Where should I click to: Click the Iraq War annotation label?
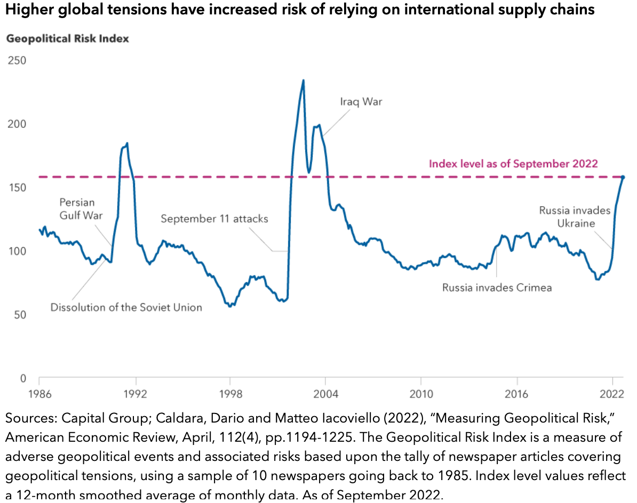click(x=361, y=101)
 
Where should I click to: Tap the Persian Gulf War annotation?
click(x=77, y=209)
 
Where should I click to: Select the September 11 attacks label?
click(x=214, y=218)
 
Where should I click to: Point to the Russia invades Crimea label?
click(x=497, y=288)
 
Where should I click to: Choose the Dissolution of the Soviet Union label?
click(x=126, y=307)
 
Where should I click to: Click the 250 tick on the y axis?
click(x=17, y=61)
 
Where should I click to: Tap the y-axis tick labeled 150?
click(x=17, y=188)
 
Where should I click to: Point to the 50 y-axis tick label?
click(x=20, y=315)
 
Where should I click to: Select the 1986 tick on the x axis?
click(x=39, y=395)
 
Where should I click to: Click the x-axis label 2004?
click(x=325, y=395)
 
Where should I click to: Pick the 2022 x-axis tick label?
click(x=611, y=395)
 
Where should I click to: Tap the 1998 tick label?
click(x=230, y=395)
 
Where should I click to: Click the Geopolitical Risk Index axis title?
click(x=67, y=39)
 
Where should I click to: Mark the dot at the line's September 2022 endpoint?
click(x=623, y=177)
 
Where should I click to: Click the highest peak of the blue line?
click(x=303, y=81)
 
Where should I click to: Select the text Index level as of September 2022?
click(x=513, y=164)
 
